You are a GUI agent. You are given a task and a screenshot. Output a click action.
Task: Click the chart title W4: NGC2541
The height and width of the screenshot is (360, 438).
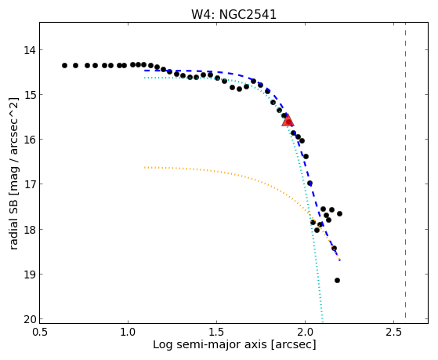click(x=233, y=14)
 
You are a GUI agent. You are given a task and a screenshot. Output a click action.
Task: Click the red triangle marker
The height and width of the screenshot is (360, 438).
click(x=288, y=120)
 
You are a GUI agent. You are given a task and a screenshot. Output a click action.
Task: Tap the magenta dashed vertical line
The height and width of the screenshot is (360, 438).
click(x=405, y=170)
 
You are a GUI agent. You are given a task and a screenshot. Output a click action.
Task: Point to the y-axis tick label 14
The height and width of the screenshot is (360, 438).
click(x=30, y=51)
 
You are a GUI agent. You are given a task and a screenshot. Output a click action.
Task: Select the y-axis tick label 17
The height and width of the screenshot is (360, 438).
click(x=30, y=184)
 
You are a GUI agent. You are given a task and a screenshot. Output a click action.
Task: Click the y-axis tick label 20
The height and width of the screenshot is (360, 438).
click(x=30, y=319)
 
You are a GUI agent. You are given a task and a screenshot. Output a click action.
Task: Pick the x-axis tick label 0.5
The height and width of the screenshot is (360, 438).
click(x=40, y=333)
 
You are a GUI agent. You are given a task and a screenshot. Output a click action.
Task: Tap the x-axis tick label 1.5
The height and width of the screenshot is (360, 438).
click(x=217, y=333)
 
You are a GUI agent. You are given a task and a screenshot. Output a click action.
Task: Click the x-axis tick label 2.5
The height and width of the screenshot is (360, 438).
click(x=393, y=333)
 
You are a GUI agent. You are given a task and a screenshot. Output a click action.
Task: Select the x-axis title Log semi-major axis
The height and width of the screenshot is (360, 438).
click(x=209, y=345)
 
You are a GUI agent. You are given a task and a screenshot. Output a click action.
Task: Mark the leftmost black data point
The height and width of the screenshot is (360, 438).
click(x=64, y=65)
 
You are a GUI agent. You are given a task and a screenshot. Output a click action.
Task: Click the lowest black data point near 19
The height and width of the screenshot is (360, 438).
click(x=337, y=280)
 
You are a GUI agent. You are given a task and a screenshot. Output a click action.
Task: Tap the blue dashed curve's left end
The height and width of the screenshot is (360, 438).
click(x=144, y=71)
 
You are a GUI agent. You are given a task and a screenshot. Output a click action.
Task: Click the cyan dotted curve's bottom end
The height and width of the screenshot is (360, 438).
click(x=323, y=322)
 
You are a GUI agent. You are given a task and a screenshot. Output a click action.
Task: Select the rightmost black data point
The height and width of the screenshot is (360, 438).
click(x=340, y=213)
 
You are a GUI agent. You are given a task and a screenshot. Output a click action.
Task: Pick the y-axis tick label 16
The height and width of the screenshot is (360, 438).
click(x=30, y=140)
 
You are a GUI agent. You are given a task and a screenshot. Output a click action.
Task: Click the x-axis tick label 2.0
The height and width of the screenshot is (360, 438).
click(x=305, y=333)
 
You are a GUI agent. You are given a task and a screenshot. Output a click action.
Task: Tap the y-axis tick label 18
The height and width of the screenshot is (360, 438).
click(x=30, y=230)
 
